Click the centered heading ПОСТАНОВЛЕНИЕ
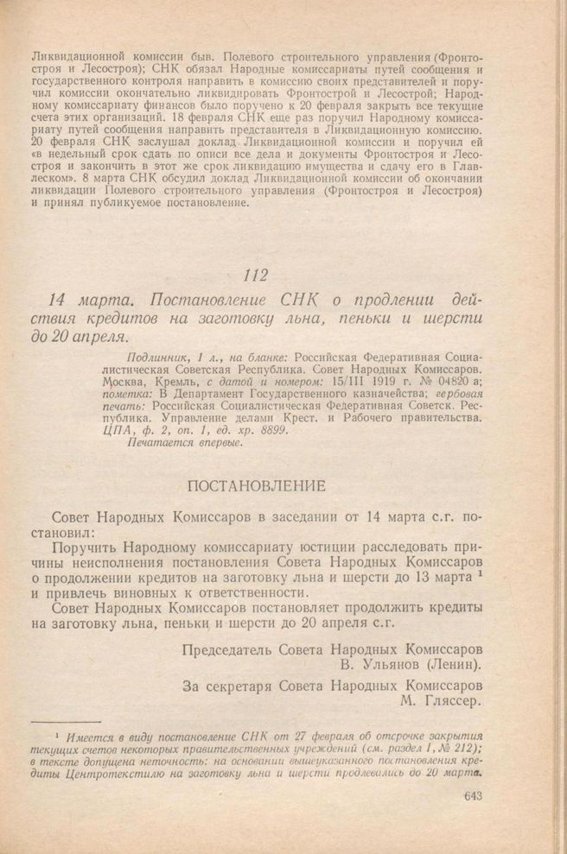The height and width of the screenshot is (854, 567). [256, 486]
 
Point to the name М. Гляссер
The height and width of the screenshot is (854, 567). [441, 703]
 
